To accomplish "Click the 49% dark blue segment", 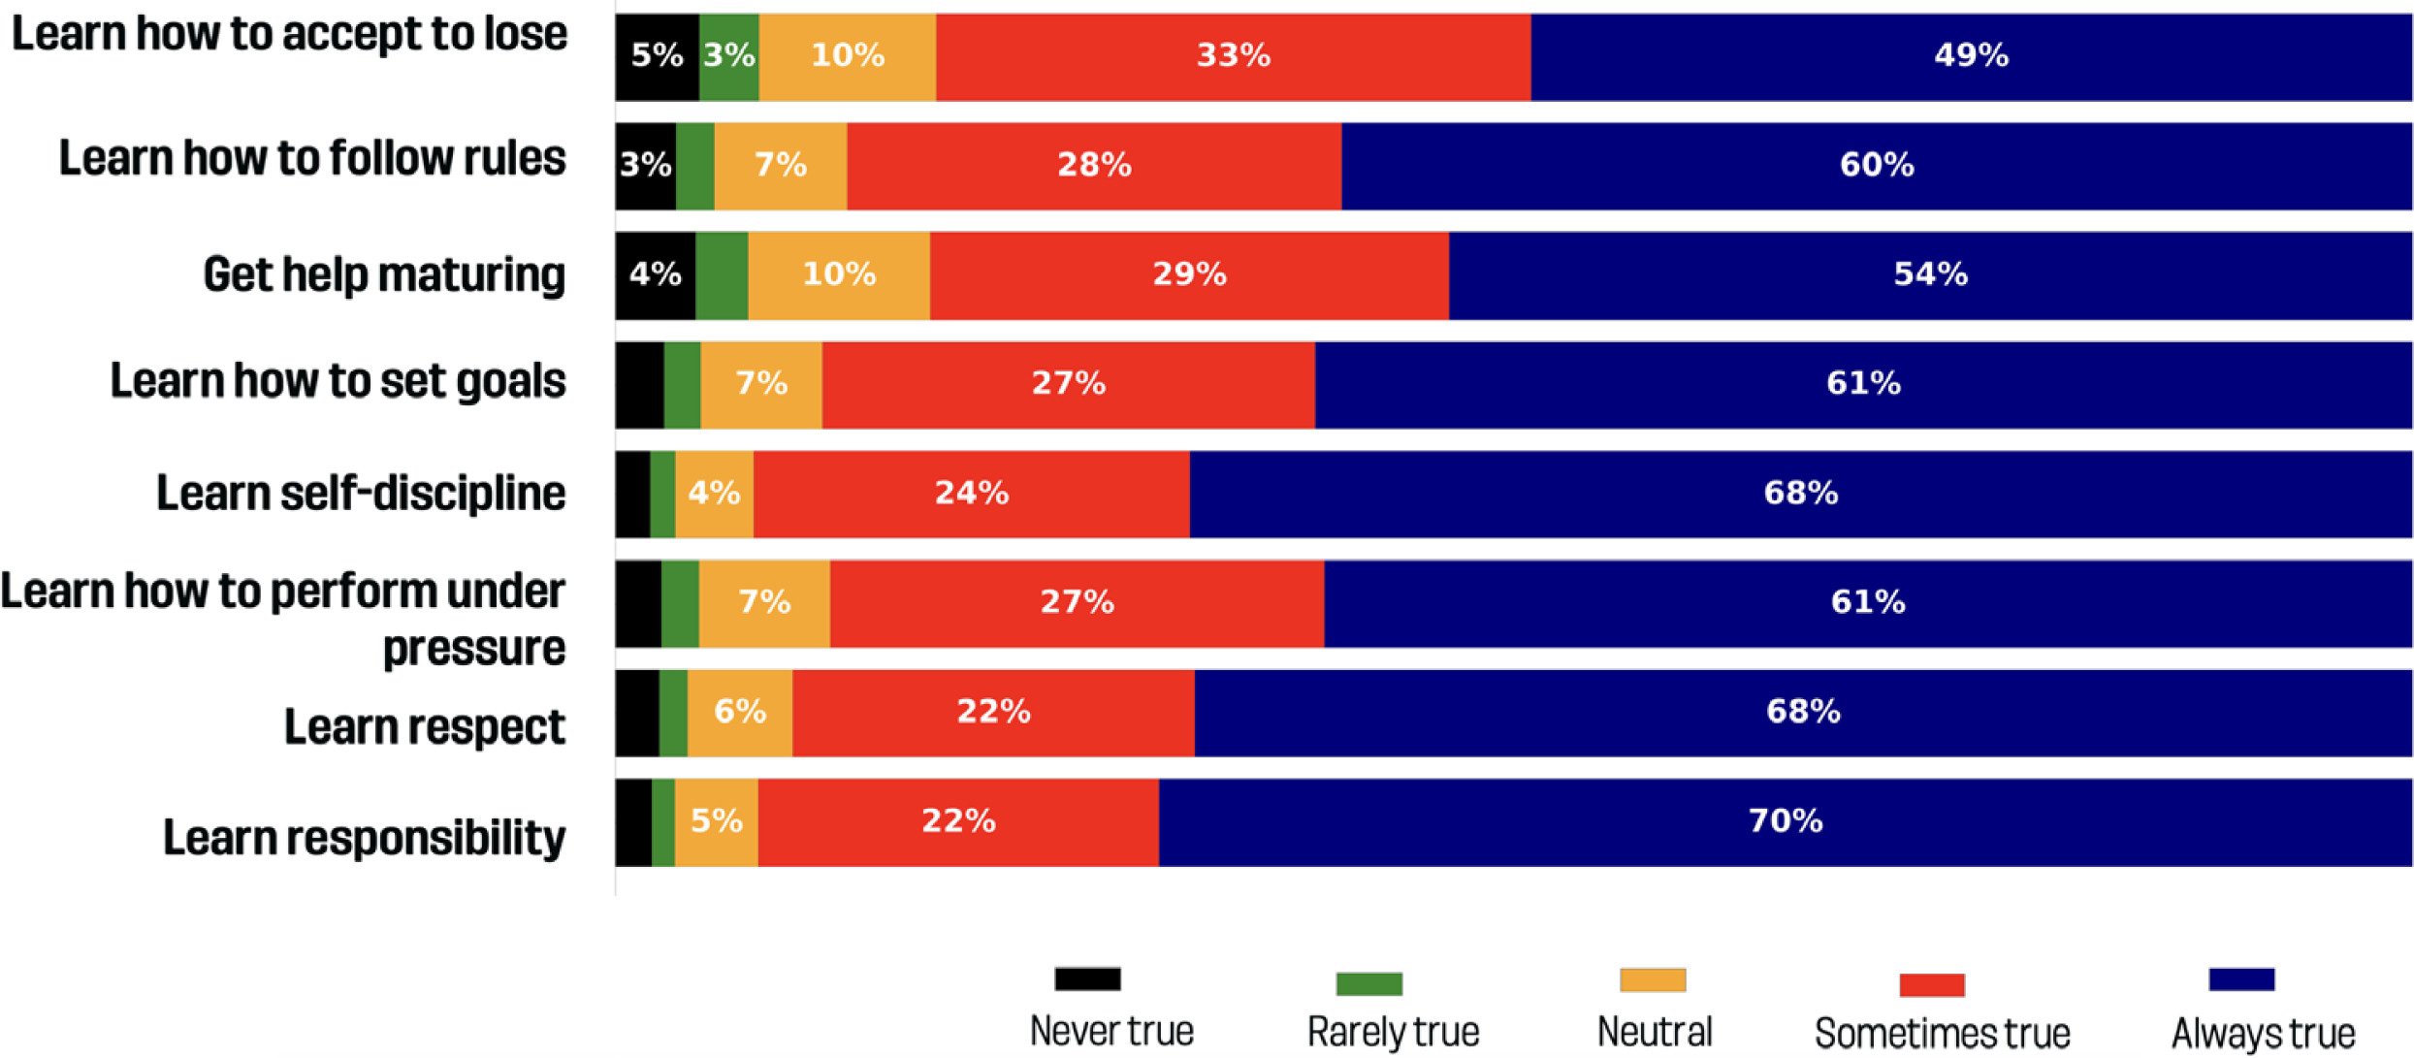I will (x=1971, y=56).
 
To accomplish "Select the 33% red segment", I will (x=1233, y=56).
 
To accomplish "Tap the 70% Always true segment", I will (x=1785, y=822).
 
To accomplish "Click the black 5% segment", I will (x=657, y=56).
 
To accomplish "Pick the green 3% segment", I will (x=728, y=56).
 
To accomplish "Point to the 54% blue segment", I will (x=1930, y=275).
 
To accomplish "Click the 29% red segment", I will (x=1189, y=275).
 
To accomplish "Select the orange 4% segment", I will (x=714, y=495).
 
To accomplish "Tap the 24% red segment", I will (x=971, y=495).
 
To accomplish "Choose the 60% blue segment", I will (x=1877, y=166).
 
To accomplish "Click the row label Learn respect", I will (x=424, y=727).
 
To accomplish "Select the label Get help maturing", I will (x=384, y=275).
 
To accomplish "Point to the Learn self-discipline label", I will (x=361, y=494).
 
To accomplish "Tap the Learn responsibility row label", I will (x=364, y=838).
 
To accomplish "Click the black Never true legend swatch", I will (x=1087, y=979).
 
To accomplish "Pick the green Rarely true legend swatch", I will (x=1368, y=984).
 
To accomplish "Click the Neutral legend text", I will (x=1655, y=1032).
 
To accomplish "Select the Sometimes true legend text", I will (x=1942, y=1034).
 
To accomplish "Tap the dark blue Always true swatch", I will (x=2241, y=979).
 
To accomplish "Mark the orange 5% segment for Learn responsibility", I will (x=716, y=822).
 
